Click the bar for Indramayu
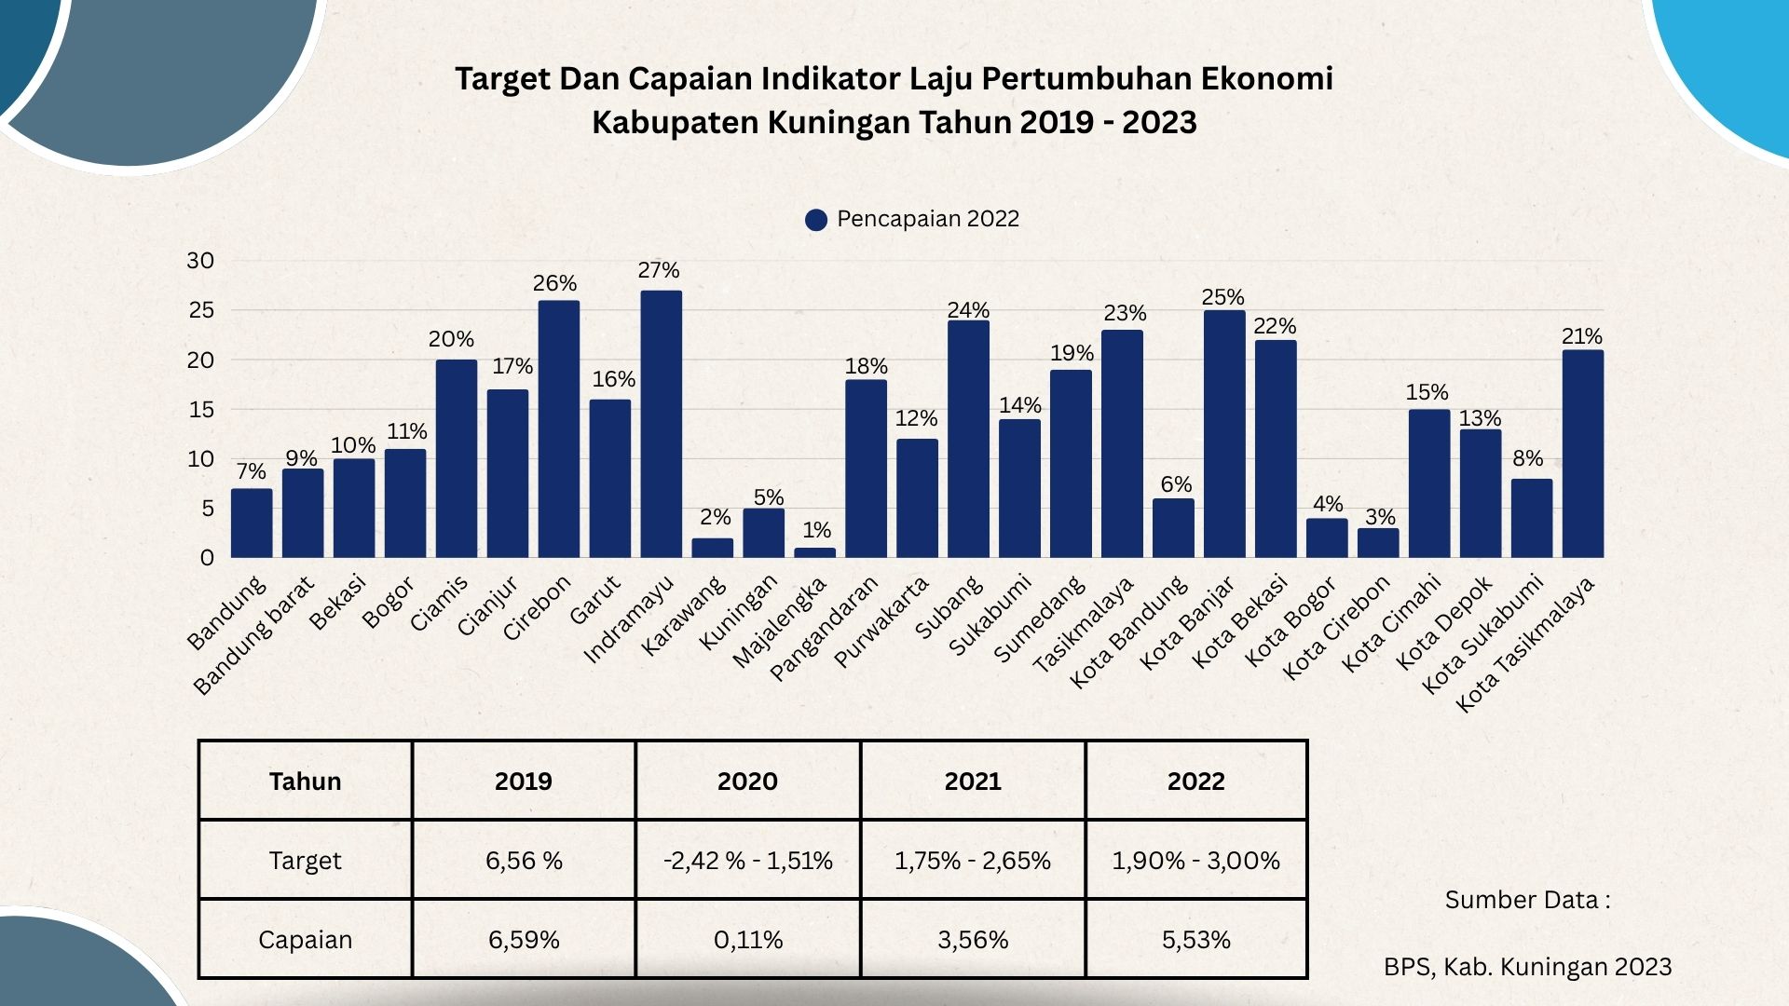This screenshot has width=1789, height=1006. (661, 424)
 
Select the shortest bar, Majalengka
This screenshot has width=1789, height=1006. (814, 552)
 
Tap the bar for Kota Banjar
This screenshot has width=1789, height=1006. (1223, 434)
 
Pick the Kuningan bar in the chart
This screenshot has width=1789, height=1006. (763, 533)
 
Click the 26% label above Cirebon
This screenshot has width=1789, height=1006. (554, 283)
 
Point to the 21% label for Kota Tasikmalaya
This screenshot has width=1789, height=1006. (1581, 336)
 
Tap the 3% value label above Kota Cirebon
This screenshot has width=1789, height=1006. (1379, 517)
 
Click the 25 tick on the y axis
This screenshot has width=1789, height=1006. (200, 310)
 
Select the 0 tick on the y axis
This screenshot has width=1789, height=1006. (207, 558)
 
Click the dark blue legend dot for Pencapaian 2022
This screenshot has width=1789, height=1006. (816, 220)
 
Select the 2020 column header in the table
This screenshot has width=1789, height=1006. (747, 781)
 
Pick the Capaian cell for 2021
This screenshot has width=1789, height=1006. (973, 939)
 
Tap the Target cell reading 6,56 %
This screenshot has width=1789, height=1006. (524, 860)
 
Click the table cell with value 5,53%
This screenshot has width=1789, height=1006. (1195, 939)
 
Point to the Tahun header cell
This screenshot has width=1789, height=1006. (305, 781)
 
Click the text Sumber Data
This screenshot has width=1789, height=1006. (1526, 900)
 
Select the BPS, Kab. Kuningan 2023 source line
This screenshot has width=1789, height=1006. (1526, 967)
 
